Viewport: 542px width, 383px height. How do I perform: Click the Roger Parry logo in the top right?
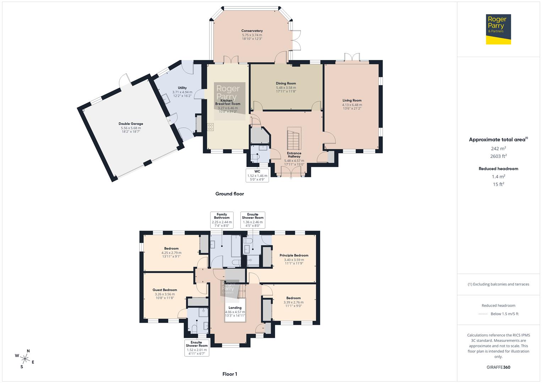[x=498, y=29]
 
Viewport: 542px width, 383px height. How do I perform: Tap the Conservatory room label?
[x=252, y=31]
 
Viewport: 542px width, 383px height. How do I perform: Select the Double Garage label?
[x=131, y=124]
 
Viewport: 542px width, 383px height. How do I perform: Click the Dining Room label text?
[x=286, y=83]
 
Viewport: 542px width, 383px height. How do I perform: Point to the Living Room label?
[x=352, y=100]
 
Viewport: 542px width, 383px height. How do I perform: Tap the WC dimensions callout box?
[x=257, y=175]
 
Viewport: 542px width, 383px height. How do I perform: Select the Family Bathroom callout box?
[x=222, y=220]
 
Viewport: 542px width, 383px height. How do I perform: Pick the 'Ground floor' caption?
[x=230, y=194]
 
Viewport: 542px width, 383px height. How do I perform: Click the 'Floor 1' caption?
[x=230, y=374]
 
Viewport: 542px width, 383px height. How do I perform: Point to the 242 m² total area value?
[x=498, y=149]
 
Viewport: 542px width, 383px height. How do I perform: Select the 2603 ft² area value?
[x=498, y=156]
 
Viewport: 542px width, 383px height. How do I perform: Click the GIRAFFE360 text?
[x=498, y=367]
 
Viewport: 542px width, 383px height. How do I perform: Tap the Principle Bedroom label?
[x=294, y=255]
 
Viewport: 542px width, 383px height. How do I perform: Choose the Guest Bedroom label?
[x=165, y=290]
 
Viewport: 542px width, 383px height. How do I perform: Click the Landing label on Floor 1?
[x=235, y=308]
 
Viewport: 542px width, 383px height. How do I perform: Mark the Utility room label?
[x=182, y=88]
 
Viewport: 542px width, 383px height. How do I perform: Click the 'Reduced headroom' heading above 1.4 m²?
[x=498, y=169]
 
